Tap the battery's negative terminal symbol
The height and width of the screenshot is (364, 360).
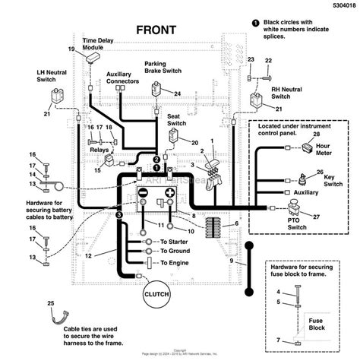(x=142, y=193)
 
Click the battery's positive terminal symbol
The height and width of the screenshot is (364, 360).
(x=170, y=193)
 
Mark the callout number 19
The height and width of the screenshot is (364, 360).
(x=71, y=49)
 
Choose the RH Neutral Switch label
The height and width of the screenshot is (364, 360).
(x=287, y=93)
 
